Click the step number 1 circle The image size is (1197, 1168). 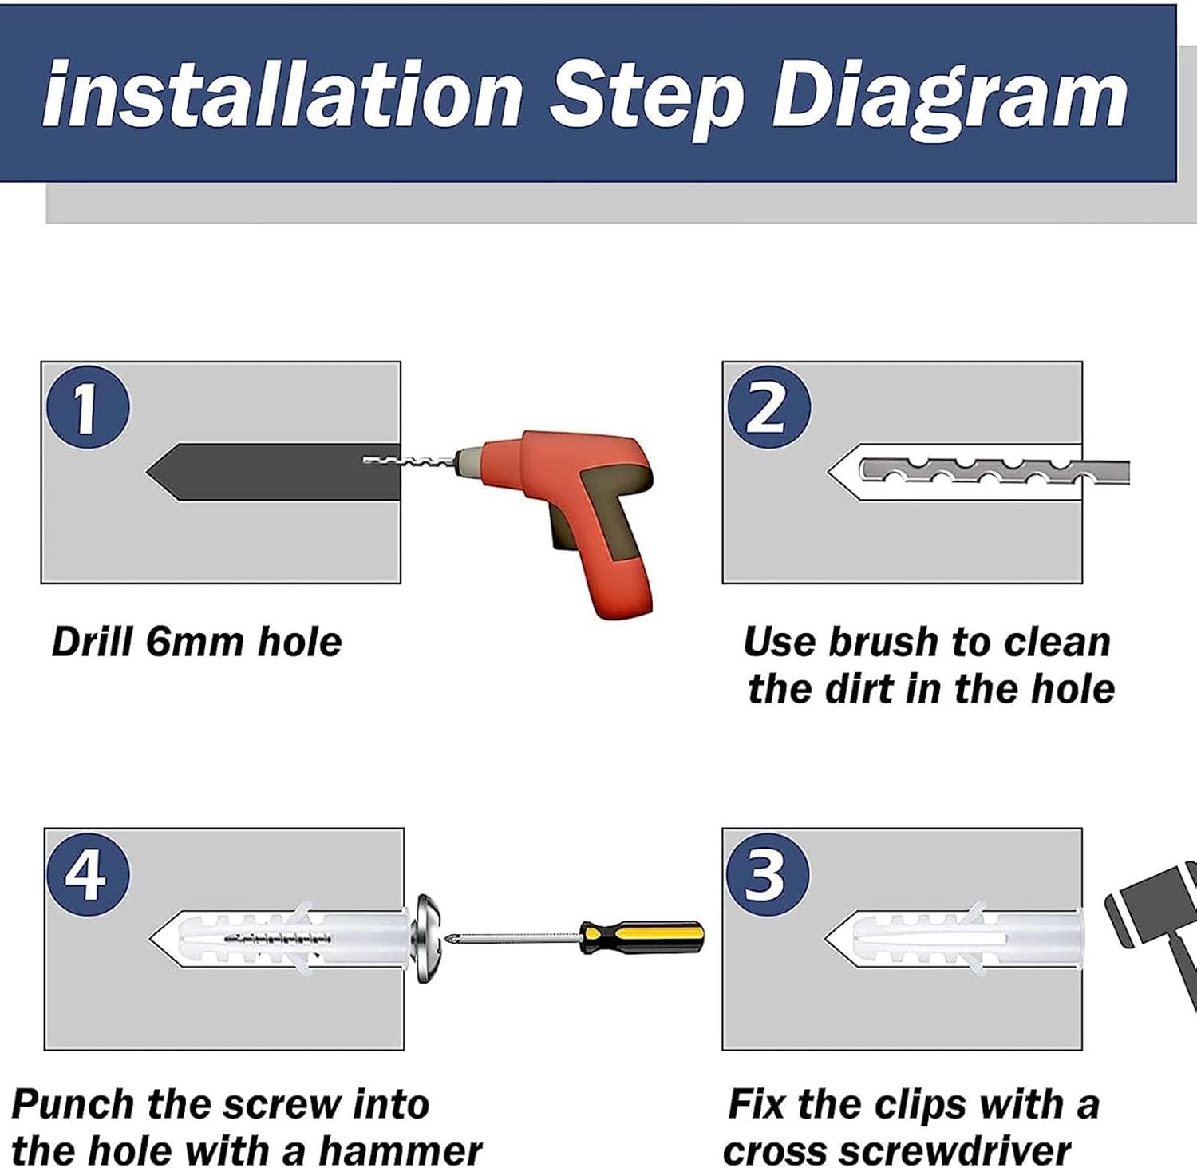[x=88, y=408]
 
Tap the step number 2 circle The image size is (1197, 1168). [x=768, y=408]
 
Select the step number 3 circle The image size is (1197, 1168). [x=767, y=874]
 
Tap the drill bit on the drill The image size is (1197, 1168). [x=409, y=461]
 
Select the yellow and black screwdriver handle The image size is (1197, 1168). [x=642, y=936]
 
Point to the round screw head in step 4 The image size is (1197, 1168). [x=429, y=938]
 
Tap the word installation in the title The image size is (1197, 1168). [x=283, y=94]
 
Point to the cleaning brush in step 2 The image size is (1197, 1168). [x=994, y=472]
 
